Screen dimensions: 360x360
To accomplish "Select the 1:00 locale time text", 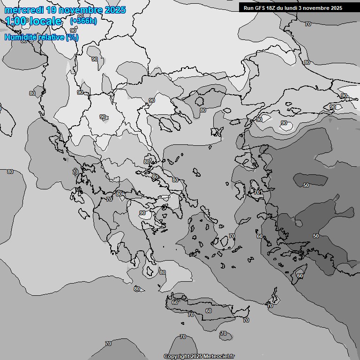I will click(34, 22).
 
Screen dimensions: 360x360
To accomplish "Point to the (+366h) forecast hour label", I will click(83, 22).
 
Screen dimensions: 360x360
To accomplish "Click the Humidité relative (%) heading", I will click(42, 37).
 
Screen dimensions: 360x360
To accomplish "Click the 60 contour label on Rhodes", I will click(300, 276).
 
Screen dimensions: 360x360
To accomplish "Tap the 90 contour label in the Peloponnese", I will click(142, 213).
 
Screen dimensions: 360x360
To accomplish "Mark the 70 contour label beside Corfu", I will click(75, 172).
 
